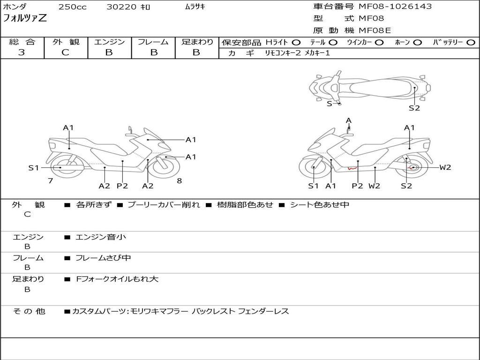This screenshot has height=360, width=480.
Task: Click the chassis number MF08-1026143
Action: click(x=395, y=7)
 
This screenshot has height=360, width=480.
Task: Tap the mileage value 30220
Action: click(x=121, y=7)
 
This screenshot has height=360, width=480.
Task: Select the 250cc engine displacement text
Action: click(x=72, y=7)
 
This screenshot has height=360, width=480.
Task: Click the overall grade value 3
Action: click(x=22, y=52)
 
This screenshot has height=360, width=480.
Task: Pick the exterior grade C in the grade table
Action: click(x=65, y=52)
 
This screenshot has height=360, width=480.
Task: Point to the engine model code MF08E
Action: click(x=375, y=31)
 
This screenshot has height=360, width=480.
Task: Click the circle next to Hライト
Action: click(x=296, y=42)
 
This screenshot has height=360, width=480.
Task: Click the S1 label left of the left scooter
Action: click(x=33, y=168)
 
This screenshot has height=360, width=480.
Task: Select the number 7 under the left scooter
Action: click(x=50, y=180)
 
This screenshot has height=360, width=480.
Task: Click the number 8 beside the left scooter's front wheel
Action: click(x=179, y=180)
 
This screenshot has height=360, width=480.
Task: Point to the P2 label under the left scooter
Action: click(x=122, y=186)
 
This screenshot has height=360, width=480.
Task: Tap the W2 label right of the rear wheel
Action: click(x=445, y=167)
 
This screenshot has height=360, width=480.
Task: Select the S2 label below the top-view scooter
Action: click(x=414, y=108)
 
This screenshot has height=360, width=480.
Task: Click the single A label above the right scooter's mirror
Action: click(x=348, y=120)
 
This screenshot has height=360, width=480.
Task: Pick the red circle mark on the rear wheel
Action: click(x=413, y=167)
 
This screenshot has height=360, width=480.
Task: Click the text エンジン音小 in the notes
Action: click(x=101, y=237)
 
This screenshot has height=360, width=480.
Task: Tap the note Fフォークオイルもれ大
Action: click(x=117, y=279)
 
